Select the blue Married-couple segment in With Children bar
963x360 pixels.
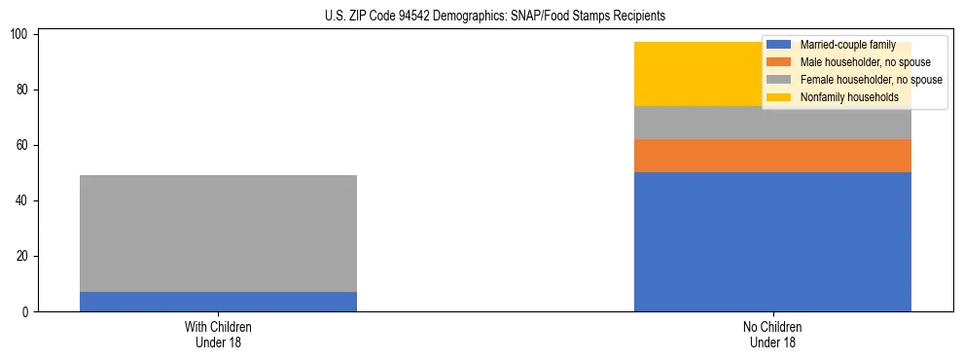(x=218, y=302)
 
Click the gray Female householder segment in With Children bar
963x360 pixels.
(x=218, y=234)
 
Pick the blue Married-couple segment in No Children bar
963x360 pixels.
(x=772, y=241)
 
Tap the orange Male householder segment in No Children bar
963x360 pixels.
(x=772, y=156)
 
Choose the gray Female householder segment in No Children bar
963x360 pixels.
(x=772, y=123)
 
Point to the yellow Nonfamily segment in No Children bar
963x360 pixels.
(x=700, y=74)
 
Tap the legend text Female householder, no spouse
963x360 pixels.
(x=871, y=80)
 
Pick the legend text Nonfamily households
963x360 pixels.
(x=849, y=97)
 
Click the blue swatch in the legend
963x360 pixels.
(x=779, y=45)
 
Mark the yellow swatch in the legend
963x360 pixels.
(x=779, y=97)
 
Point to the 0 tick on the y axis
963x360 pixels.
(x=29, y=311)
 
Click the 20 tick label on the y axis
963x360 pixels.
(x=26, y=256)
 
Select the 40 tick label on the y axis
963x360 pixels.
(x=26, y=200)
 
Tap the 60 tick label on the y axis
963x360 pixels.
(x=26, y=145)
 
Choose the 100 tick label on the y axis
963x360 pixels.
(x=23, y=34)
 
